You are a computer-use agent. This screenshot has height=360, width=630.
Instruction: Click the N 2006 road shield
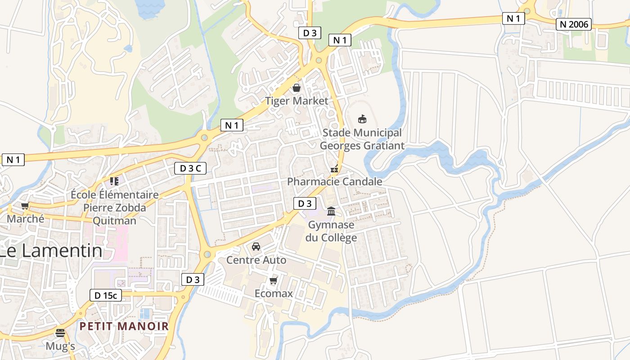point(573,24)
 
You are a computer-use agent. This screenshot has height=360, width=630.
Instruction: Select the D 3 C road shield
point(190,168)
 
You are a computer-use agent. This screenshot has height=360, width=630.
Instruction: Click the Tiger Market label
point(297,101)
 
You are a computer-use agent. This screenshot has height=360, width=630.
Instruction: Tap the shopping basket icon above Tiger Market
point(297,87)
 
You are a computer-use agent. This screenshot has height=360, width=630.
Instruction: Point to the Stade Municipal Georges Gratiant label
point(362,139)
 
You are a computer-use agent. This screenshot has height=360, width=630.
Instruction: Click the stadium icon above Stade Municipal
point(362,119)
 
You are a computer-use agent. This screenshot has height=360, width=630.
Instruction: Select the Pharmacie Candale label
point(334,181)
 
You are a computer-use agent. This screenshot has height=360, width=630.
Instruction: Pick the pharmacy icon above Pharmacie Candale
point(334,169)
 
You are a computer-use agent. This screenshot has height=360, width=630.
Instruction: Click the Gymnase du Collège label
point(331,231)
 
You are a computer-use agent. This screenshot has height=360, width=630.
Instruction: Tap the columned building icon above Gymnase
point(331,211)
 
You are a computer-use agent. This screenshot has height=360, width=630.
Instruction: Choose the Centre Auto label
point(256,260)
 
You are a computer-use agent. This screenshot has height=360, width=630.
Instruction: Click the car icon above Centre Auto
point(256,247)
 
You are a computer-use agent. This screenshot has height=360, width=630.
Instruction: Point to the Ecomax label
point(274,293)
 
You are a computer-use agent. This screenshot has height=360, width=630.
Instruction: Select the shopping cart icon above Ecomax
point(273,281)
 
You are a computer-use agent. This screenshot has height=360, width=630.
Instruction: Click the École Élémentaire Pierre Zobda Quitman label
point(115,207)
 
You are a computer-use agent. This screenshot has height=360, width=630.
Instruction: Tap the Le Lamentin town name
point(50,251)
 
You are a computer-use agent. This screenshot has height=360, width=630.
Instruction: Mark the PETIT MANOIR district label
point(124,326)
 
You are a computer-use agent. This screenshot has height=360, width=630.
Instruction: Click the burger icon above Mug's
point(60,333)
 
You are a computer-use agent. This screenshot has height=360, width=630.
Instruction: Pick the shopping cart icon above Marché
point(25,206)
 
